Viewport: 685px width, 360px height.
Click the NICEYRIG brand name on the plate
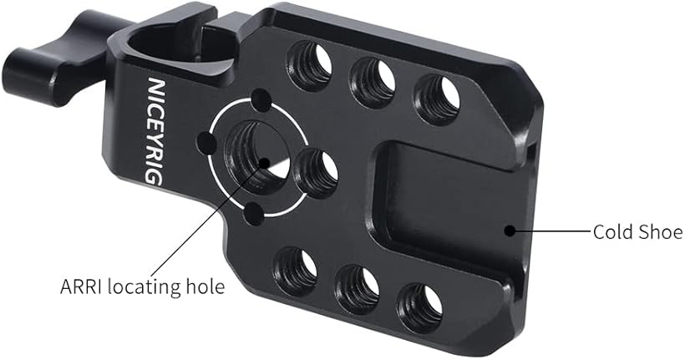point(155,131)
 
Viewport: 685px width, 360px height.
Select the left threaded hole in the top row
point(309,65)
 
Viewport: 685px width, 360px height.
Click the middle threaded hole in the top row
point(373,83)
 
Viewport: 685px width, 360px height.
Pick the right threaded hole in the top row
point(438,100)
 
